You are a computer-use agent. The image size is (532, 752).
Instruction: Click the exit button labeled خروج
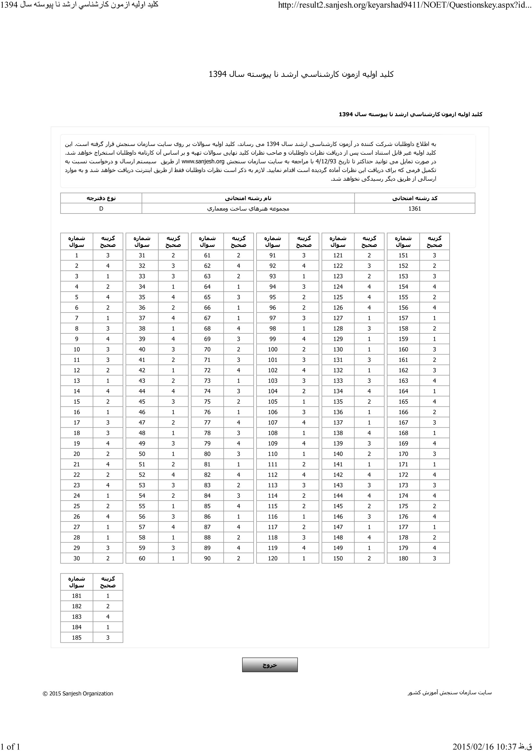pyautogui.click(x=269, y=665)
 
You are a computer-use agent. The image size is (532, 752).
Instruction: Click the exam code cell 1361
pyautogui.click(x=414, y=209)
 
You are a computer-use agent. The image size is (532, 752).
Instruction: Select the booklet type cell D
pyautogui.click(x=101, y=209)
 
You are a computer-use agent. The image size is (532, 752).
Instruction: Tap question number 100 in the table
pyautogui.click(x=272, y=349)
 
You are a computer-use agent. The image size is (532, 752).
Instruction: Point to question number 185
pyautogui.click(x=76, y=637)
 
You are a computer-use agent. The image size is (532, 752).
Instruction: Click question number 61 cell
pyautogui.click(x=207, y=256)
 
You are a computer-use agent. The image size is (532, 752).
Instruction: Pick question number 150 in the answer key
pyautogui.click(x=338, y=558)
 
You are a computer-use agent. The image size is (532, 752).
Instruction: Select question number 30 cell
pyautogui.click(x=76, y=558)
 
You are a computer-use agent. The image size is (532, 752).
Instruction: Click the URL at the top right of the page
pyautogui.click(x=405, y=5)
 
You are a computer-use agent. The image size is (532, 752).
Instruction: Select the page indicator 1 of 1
pyautogui.click(x=10, y=747)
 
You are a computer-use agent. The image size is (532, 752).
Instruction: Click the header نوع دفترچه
pyautogui.click(x=101, y=198)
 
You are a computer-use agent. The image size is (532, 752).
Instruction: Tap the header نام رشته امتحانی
pyautogui.click(x=248, y=198)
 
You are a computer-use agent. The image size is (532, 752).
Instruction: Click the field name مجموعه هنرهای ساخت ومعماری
pyautogui.click(x=248, y=209)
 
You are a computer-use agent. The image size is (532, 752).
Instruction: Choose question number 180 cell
pyautogui.click(x=403, y=558)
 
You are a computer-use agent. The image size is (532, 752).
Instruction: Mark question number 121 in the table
pyautogui.click(x=338, y=256)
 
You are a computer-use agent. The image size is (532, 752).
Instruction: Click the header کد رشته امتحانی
pyautogui.click(x=415, y=198)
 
